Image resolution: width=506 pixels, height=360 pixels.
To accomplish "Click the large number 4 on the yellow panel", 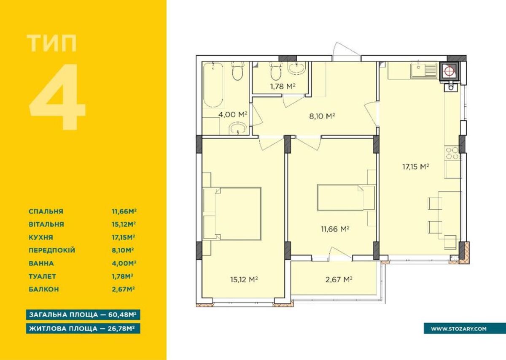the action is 58,97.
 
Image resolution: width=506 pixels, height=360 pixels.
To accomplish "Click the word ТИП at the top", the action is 52,43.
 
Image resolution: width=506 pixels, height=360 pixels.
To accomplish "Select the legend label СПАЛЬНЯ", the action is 46,211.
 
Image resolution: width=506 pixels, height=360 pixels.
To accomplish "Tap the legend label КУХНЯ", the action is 40,238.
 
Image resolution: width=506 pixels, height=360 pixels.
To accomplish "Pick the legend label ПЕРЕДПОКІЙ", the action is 52,250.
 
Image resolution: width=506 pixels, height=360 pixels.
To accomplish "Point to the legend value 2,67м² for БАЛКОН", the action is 123,289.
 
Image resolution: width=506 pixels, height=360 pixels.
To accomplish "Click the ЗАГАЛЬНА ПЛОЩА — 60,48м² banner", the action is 83,314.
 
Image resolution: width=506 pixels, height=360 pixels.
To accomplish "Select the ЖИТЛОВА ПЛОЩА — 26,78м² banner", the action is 83,328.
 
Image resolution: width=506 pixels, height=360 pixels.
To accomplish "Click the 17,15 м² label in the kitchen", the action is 416,167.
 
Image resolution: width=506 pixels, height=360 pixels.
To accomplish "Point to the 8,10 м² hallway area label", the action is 322,116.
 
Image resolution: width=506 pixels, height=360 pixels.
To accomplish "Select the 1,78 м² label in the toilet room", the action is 283,86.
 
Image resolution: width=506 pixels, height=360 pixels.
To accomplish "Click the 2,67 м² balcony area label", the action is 339,280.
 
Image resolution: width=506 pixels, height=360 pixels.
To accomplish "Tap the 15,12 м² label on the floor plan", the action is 244,279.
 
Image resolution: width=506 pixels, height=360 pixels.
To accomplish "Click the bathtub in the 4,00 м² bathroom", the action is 213,85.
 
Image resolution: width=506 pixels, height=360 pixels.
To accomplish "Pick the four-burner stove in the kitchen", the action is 452,153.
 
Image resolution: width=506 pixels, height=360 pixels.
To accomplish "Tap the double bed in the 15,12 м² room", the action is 232,213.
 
